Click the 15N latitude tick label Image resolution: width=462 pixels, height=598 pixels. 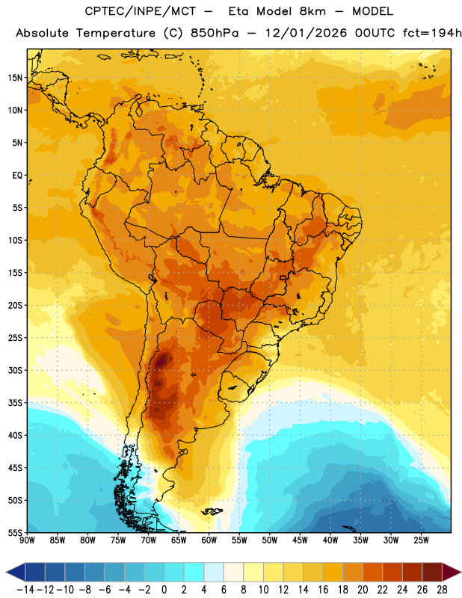(x=15, y=78)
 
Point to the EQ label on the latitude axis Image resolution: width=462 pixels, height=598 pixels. (x=17, y=176)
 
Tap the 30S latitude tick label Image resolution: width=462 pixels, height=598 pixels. (x=15, y=370)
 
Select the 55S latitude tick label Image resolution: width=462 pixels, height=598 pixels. (x=15, y=533)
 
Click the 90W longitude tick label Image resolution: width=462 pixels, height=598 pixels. (x=27, y=540)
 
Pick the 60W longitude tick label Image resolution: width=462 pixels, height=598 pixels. (x=209, y=540)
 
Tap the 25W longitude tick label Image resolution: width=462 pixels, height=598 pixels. (x=421, y=540)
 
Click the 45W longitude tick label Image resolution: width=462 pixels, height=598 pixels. (x=300, y=540)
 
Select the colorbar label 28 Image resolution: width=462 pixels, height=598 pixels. (x=442, y=590)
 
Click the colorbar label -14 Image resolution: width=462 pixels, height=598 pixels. (x=25, y=590)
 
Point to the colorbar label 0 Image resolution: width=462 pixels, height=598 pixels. (x=164, y=590)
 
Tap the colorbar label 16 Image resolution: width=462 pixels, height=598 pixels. (x=323, y=590)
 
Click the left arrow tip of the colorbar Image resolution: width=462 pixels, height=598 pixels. (x=6, y=573)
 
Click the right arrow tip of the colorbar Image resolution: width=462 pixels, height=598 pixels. (x=461, y=572)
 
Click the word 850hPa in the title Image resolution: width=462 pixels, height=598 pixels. (x=215, y=33)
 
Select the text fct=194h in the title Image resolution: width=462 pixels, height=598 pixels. (x=432, y=33)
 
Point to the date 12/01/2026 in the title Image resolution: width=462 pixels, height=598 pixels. (x=306, y=33)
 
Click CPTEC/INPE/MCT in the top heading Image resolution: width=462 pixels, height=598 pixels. (x=140, y=11)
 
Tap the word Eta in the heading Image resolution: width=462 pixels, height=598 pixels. (x=238, y=11)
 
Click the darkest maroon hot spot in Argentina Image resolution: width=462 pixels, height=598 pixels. (x=163, y=360)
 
